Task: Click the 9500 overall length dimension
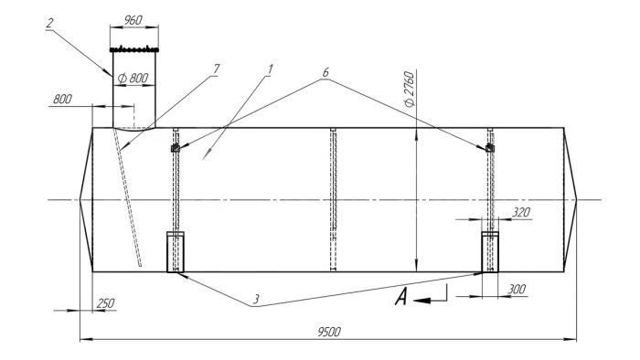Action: (329, 332)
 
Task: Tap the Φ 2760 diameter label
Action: (410, 89)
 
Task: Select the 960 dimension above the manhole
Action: (133, 20)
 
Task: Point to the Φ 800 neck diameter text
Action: (133, 78)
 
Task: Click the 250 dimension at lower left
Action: (105, 303)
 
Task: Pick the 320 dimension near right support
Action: (521, 212)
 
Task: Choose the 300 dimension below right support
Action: (517, 289)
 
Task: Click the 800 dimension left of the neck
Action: (62, 99)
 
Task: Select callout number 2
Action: (49, 23)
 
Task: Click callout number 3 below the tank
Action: (256, 300)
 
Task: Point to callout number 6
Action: (325, 72)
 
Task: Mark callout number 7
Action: (216, 69)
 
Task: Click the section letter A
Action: (401, 296)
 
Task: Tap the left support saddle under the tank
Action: (176, 252)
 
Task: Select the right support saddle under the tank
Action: (490, 252)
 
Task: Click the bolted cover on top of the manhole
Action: (134, 49)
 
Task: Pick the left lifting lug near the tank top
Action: (176, 148)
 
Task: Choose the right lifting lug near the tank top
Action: (490, 148)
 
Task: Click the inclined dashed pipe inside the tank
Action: (127, 197)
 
